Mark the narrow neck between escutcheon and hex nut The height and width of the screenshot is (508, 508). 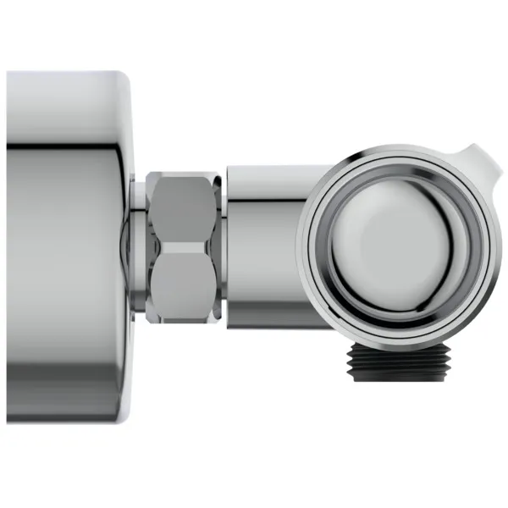[x=135, y=246]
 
